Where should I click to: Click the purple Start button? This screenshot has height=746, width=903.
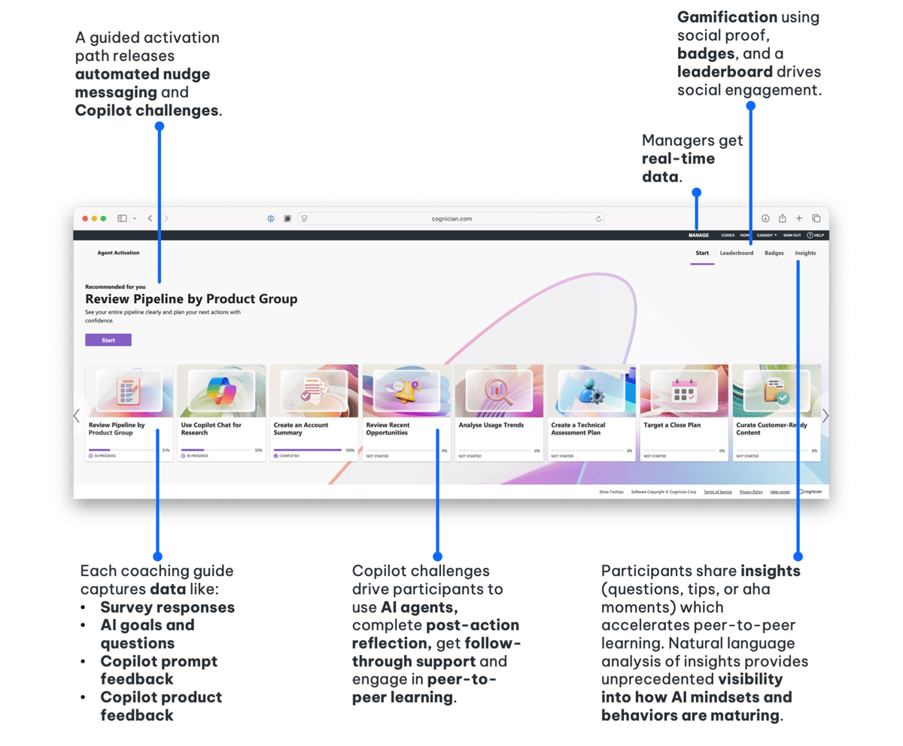pyautogui.click(x=108, y=340)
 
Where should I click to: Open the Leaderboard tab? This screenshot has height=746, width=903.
pyautogui.click(x=736, y=253)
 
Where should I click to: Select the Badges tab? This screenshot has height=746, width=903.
pyautogui.click(x=774, y=253)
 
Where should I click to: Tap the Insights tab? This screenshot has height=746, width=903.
pyautogui.click(x=805, y=253)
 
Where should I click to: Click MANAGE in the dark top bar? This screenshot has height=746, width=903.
pyautogui.click(x=698, y=235)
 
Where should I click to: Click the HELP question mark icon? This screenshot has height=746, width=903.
pyautogui.click(x=810, y=235)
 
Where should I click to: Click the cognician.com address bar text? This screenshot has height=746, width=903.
pyautogui.click(x=451, y=219)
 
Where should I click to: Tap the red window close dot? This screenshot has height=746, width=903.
pyautogui.click(x=85, y=218)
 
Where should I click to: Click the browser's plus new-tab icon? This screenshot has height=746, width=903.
pyautogui.click(x=799, y=218)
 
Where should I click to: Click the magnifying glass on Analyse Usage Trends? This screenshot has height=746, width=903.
pyautogui.click(x=497, y=390)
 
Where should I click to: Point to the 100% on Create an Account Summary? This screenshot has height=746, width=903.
pyautogui.click(x=350, y=450)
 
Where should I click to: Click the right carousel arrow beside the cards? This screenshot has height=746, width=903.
pyautogui.click(x=825, y=415)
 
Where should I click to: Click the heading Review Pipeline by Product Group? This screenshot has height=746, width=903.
pyautogui.click(x=191, y=299)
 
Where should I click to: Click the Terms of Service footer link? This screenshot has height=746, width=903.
pyautogui.click(x=717, y=491)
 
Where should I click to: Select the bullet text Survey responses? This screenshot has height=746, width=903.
pyautogui.click(x=167, y=607)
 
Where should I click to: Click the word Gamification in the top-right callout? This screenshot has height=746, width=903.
pyautogui.click(x=726, y=17)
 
